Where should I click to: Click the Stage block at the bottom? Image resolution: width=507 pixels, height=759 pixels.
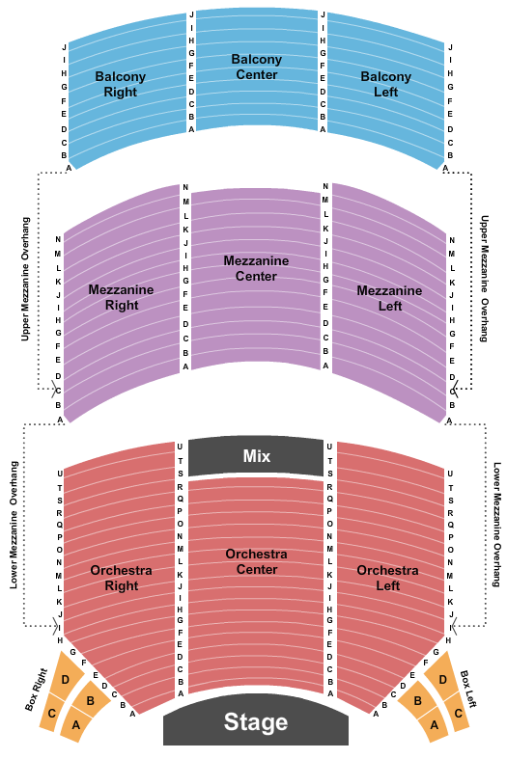click(x=256, y=722)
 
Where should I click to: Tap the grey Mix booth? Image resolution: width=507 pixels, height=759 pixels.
click(x=256, y=456)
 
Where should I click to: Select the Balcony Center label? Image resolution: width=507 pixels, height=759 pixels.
click(x=257, y=67)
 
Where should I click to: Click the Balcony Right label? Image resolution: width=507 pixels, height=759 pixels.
click(x=120, y=84)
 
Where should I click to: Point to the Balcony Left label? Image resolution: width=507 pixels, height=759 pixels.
click(x=386, y=84)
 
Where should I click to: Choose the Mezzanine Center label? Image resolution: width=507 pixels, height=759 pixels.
click(x=256, y=268)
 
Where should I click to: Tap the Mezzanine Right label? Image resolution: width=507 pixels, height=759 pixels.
click(x=121, y=297)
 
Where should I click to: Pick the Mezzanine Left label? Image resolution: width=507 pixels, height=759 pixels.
click(x=389, y=298)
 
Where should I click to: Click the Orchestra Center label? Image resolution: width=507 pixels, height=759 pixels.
click(x=257, y=561)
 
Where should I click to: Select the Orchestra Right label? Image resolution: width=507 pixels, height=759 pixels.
click(x=121, y=578)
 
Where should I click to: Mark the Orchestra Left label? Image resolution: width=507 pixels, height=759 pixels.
click(x=388, y=578)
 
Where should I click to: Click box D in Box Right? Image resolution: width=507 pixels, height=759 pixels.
click(x=67, y=676)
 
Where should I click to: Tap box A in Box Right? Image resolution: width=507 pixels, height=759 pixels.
click(x=77, y=724)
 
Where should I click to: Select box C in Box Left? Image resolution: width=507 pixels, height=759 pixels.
click(x=457, y=713)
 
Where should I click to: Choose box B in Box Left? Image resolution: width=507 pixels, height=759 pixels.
click(x=417, y=700)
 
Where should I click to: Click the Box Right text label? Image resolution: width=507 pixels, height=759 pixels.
click(x=37, y=690)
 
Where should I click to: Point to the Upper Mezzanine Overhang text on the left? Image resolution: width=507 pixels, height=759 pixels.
click(x=25, y=279)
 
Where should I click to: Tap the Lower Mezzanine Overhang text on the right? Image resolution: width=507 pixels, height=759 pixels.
click(x=497, y=525)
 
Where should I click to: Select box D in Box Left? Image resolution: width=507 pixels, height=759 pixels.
click(x=441, y=676)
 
